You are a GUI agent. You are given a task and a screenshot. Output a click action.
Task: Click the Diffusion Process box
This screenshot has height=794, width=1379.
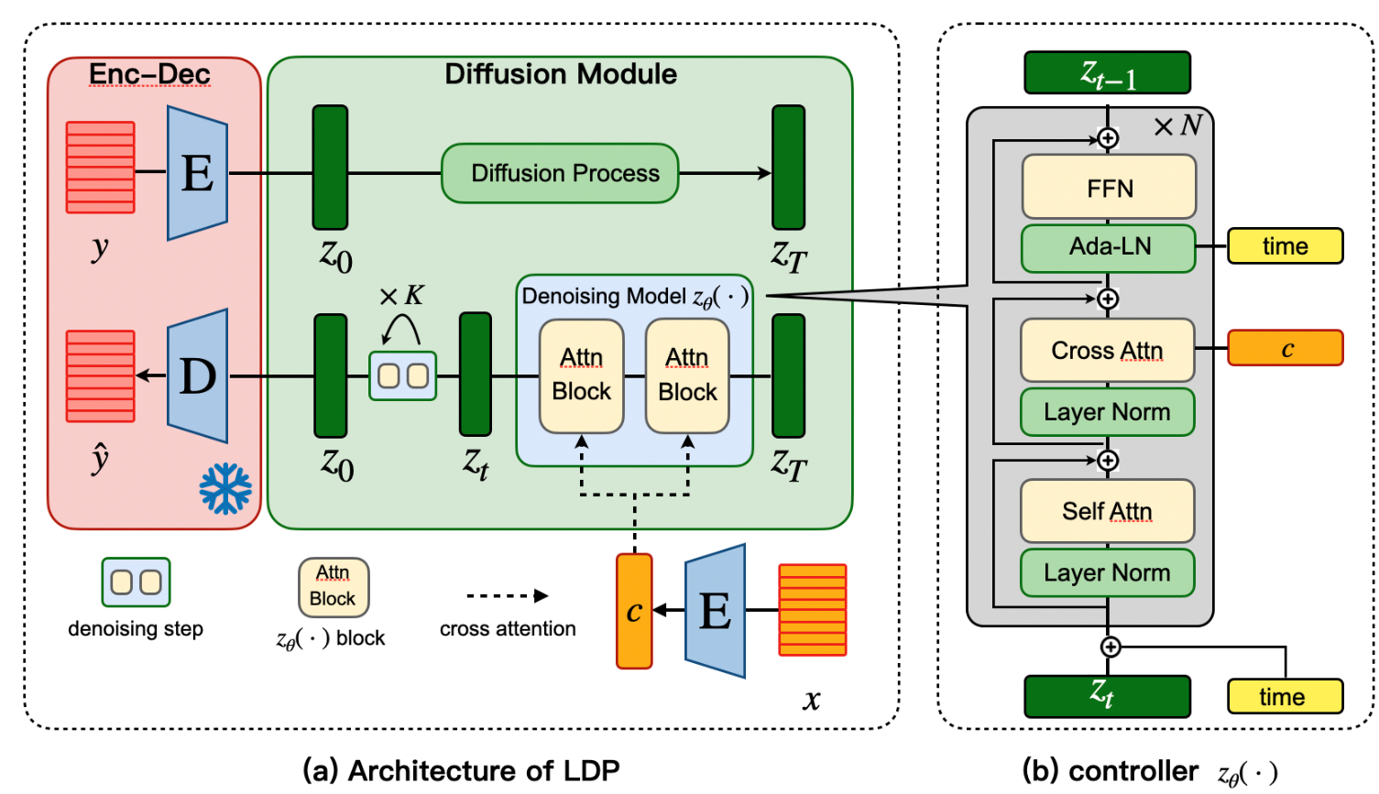(x=560, y=173)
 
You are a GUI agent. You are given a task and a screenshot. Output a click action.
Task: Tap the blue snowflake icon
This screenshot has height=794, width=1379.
(x=225, y=488)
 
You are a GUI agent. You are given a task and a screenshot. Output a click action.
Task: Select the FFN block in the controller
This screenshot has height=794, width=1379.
(x=1109, y=188)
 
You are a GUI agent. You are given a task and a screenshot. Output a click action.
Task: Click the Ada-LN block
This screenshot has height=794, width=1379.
(x=1109, y=247)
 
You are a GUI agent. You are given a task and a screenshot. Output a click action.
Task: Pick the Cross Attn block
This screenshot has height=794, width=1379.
(x=1107, y=351)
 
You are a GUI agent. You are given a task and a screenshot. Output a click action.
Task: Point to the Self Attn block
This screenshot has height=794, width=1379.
(x=1107, y=511)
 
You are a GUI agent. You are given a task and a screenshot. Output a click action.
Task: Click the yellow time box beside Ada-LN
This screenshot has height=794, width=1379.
(x=1285, y=246)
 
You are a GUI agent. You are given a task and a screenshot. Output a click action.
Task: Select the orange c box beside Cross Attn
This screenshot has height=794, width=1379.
(x=1285, y=349)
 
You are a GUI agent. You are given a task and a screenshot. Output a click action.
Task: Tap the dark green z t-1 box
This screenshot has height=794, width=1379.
(x=1107, y=73)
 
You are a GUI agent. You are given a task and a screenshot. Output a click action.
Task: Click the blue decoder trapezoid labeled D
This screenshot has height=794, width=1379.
(x=198, y=376)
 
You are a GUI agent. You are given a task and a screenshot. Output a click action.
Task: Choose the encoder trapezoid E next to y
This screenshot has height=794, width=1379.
(x=198, y=173)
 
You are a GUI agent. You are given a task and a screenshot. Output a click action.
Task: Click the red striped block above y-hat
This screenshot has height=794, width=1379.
(x=101, y=376)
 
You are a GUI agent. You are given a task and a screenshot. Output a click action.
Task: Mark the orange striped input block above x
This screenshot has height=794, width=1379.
(x=812, y=610)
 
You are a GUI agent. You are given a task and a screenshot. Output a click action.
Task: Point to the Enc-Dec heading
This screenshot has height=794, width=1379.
(x=149, y=74)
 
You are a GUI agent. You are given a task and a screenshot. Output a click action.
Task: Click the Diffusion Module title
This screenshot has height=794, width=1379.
(x=561, y=74)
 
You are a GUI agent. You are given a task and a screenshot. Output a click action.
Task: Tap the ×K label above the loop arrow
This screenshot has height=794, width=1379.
(x=401, y=296)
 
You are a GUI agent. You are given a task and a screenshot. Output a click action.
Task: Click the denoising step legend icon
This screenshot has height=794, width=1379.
(x=136, y=582)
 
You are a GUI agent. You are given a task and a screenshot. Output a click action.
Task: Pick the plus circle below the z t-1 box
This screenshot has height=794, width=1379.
(x=1108, y=138)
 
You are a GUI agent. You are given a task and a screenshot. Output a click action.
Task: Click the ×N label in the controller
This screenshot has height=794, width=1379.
(x=1178, y=125)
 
